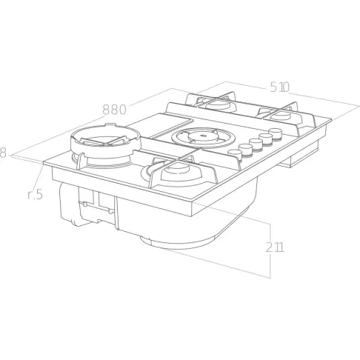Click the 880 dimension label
pyautogui.click(x=114, y=110)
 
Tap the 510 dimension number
pyautogui.click(x=279, y=87)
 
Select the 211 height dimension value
pyautogui.click(x=275, y=247)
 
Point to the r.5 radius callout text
pyautogui.click(x=35, y=194)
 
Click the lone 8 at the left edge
pyautogui.click(x=2, y=153)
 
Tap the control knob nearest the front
pyautogui.click(x=234, y=155)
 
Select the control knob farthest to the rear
pyautogui.click(x=276, y=133)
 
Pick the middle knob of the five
pyautogui.click(x=256, y=144)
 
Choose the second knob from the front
pyautogui.click(x=245, y=149)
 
